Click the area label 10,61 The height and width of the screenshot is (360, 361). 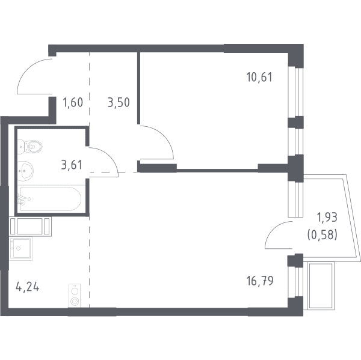pyautogui.click(x=259, y=77)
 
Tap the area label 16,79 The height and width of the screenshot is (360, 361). pyautogui.click(x=260, y=281)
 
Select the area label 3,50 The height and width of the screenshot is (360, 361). pyautogui.click(x=119, y=102)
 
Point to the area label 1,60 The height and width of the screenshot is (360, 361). pyautogui.click(x=73, y=102)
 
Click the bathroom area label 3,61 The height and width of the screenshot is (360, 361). pyautogui.click(x=72, y=165)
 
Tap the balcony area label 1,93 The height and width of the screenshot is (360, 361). pyautogui.click(x=327, y=217)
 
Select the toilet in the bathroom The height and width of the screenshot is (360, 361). pyautogui.click(x=30, y=146)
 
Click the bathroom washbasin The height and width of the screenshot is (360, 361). pyautogui.click(x=25, y=171)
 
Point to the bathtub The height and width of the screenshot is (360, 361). pyautogui.click(x=49, y=199)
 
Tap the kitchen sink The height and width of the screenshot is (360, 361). pyautogui.click(x=20, y=248)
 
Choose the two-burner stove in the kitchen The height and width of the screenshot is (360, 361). pyautogui.click(x=75, y=296)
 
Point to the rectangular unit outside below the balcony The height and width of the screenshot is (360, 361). pyautogui.click(x=321, y=286)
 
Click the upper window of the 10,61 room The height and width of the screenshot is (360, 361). pyautogui.click(x=295, y=91)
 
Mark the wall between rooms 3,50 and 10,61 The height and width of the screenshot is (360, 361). pyautogui.click(x=138, y=88)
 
